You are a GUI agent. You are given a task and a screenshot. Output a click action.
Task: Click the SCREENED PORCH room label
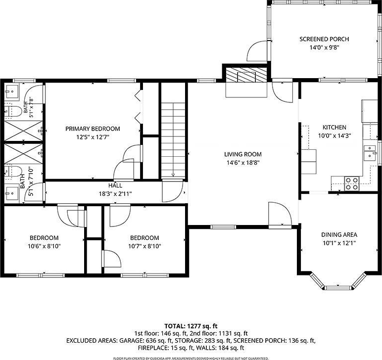click(x=324, y=39)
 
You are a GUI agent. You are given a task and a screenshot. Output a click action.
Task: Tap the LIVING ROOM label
click(x=243, y=154)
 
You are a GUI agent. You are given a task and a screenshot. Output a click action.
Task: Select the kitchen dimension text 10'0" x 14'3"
click(x=334, y=135)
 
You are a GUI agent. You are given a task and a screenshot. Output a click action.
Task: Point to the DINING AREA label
click(x=339, y=235)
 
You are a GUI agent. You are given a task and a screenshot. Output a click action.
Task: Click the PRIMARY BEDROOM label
click(x=93, y=129)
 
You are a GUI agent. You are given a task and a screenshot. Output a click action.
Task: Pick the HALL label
click(x=115, y=185)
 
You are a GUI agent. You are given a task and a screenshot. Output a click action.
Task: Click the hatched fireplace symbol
click(x=246, y=75)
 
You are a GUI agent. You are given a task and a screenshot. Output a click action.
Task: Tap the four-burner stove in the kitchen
click(x=352, y=183)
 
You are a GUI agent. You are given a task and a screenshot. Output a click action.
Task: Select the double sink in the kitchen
click(x=370, y=153)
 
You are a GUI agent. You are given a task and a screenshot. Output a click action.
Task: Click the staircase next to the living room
click(x=173, y=140)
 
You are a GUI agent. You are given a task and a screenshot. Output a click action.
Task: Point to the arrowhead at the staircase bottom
click(x=173, y=175)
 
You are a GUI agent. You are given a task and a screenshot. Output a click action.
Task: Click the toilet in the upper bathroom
click(x=13, y=111)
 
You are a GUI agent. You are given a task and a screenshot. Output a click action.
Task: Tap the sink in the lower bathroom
click(x=12, y=193)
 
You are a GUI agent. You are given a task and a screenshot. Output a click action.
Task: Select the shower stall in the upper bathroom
click(x=23, y=131)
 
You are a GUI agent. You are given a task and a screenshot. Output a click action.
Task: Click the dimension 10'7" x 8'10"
click(x=144, y=246)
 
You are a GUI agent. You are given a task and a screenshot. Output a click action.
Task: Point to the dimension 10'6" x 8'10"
click(x=44, y=246)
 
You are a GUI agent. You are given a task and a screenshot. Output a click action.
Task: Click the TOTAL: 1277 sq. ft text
click(x=191, y=326)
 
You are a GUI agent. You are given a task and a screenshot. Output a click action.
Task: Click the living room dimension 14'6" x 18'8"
click(x=243, y=163)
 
